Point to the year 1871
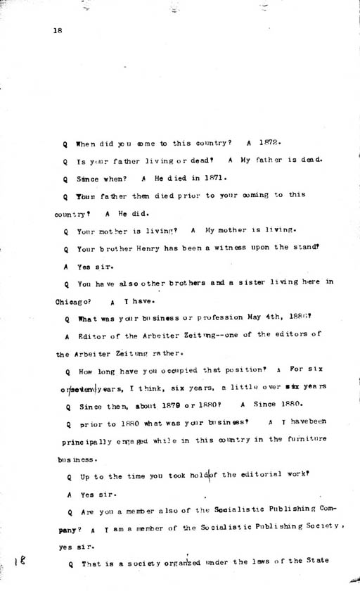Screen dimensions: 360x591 pyautogui.click(x=210, y=178)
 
